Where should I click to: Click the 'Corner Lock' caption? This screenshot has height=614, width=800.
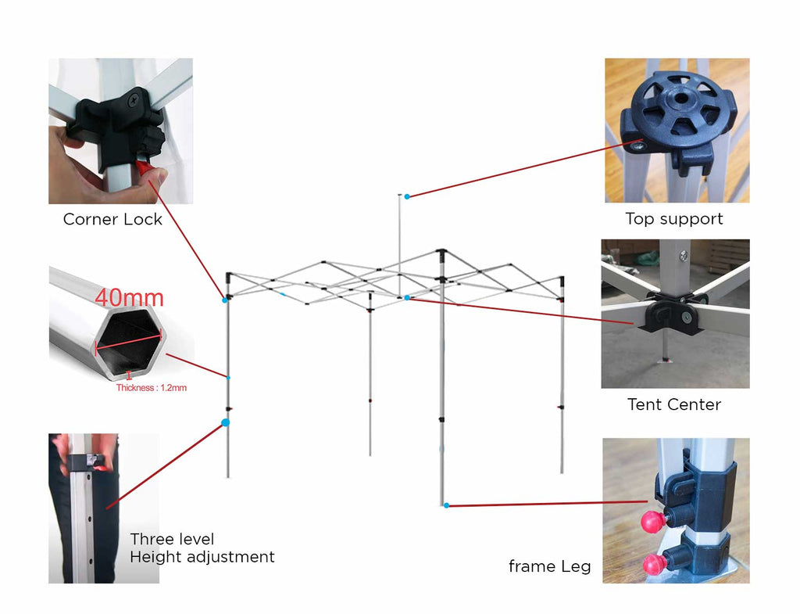click(112, 219)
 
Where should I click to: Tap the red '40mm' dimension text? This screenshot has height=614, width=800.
click(130, 298)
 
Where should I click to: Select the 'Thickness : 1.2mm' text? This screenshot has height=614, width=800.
click(152, 387)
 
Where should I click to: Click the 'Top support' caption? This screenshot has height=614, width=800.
click(674, 219)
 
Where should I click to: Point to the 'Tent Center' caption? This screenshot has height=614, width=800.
click(674, 404)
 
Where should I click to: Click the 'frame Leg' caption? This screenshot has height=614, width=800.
click(549, 566)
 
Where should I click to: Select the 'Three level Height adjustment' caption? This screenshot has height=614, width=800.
click(202, 548)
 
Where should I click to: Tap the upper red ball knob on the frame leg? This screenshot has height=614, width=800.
click(651, 521)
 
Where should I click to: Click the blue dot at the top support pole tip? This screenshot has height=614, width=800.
click(407, 196)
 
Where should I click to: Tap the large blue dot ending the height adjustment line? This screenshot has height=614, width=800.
click(226, 422)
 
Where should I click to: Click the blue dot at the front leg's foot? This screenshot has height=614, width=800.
click(446, 505)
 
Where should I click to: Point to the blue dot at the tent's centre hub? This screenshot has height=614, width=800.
click(407, 297)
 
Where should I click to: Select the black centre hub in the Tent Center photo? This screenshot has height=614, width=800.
click(670, 313)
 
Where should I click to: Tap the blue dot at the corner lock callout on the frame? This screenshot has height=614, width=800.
click(225, 300)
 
